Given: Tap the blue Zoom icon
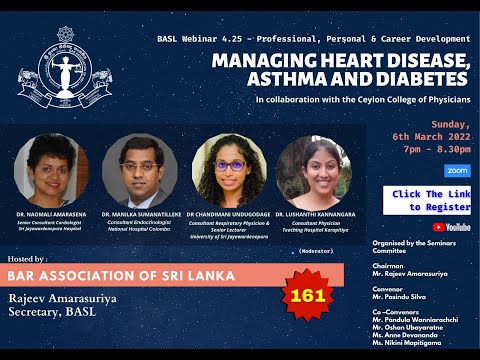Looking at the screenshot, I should pyautogui.click(x=429, y=171).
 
